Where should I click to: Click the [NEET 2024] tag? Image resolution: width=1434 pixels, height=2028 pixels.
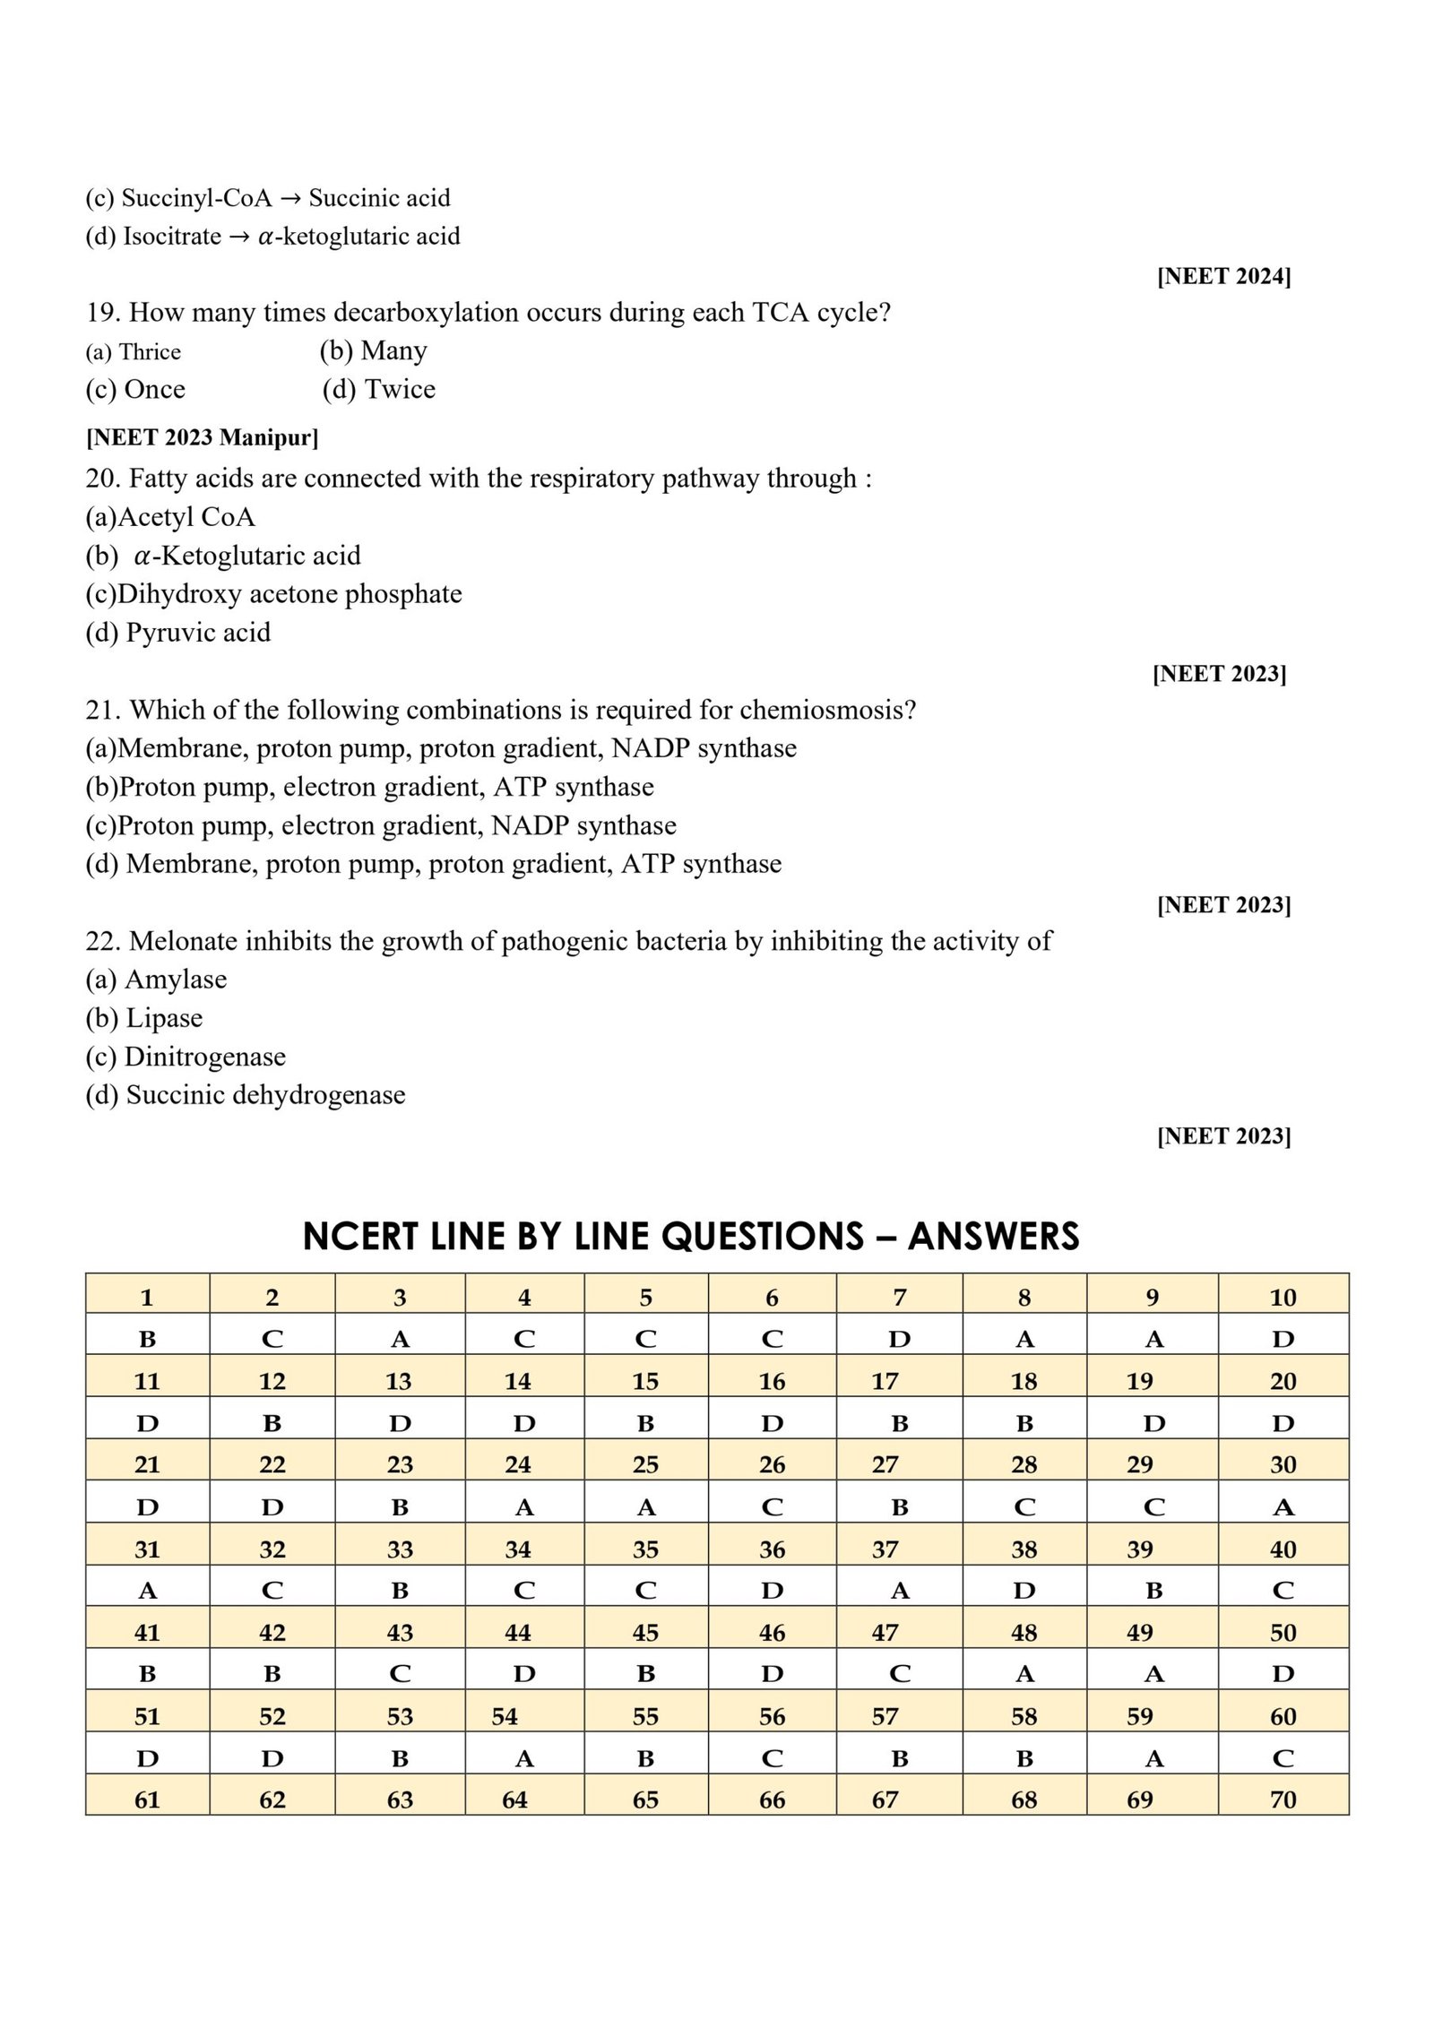point(1223,276)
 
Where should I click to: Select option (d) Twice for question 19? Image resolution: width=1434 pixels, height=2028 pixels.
point(379,389)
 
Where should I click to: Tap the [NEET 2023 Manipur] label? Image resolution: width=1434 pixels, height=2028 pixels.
point(202,437)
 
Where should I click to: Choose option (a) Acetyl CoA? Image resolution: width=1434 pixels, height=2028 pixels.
point(170,517)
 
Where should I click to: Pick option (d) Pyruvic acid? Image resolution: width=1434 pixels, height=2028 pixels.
point(177,633)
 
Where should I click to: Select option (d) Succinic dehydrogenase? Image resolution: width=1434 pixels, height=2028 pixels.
point(246,1094)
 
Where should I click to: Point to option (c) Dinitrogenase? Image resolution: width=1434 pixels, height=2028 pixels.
point(186,1057)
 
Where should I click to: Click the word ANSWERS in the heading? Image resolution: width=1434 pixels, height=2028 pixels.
point(993,1237)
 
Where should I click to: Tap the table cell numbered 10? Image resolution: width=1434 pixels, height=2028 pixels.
point(1283,1297)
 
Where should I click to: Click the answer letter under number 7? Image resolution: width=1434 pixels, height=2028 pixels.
point(899,1339)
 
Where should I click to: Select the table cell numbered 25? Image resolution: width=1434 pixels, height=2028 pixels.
point(645,1464)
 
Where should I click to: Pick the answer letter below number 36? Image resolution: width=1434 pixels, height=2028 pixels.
point(772,1591)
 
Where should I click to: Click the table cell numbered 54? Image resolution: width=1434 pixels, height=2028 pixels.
point(505,1716)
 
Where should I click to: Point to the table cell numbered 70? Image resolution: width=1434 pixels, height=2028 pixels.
point(1283,1799)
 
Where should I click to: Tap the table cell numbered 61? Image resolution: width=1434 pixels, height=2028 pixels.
point(147,1799)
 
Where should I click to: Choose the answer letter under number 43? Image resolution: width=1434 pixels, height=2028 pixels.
point(400,1674)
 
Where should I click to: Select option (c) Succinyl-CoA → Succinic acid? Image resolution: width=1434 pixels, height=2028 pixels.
point(268,198)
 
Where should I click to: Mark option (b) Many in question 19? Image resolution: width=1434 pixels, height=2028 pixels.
point(373,350)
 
